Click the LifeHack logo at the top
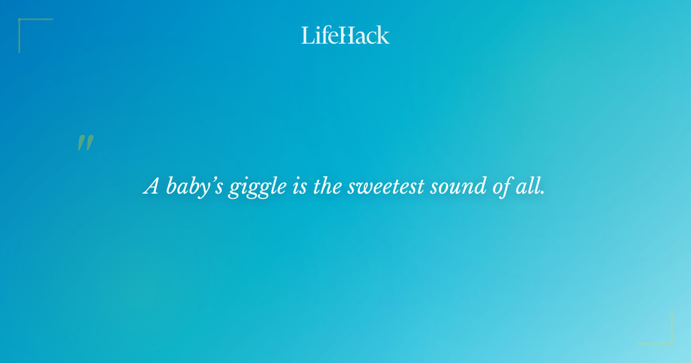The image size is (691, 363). [345, 35]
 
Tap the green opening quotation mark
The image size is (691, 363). [85, 143]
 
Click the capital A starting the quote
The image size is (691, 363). [151, 187]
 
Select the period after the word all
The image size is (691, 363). [542, 192]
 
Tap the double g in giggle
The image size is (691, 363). [244, 189]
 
